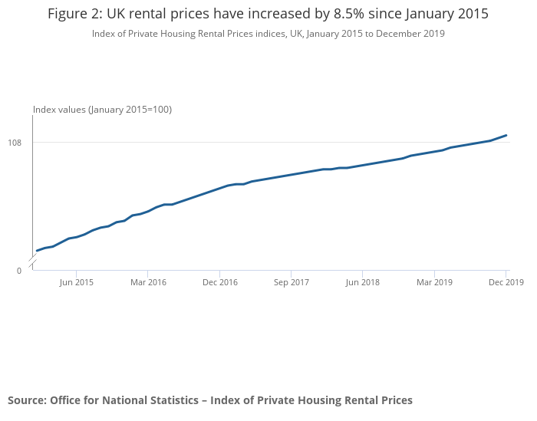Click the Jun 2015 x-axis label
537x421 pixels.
pyautogui.click(x=76, y=282)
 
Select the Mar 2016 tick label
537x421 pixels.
pyautogui.click(x=148, y=282)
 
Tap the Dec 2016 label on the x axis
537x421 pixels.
pyautogui.click(x=219, y=282)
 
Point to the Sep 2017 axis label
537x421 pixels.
pyautogui.click(x=291, y=282)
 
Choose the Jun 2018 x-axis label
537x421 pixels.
pyautogui.click(x=362, y=282)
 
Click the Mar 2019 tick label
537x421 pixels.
pyautogui.click(x=434, y=282)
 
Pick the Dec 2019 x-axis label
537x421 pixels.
pyautogui.click(x=506, y=282)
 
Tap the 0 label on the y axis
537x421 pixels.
pyautogui.click(x=19, y=271)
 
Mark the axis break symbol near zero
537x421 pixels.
pyautogui.click(x=32, y=265)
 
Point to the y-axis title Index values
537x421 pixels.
pyautogui.click(x=59, y=110)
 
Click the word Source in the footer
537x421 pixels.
pyautogui.click(x=26, y=400)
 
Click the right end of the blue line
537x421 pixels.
pyautogui.click(x=506, y=136)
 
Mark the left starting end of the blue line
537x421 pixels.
pyautogui.click(x=37, y=251)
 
